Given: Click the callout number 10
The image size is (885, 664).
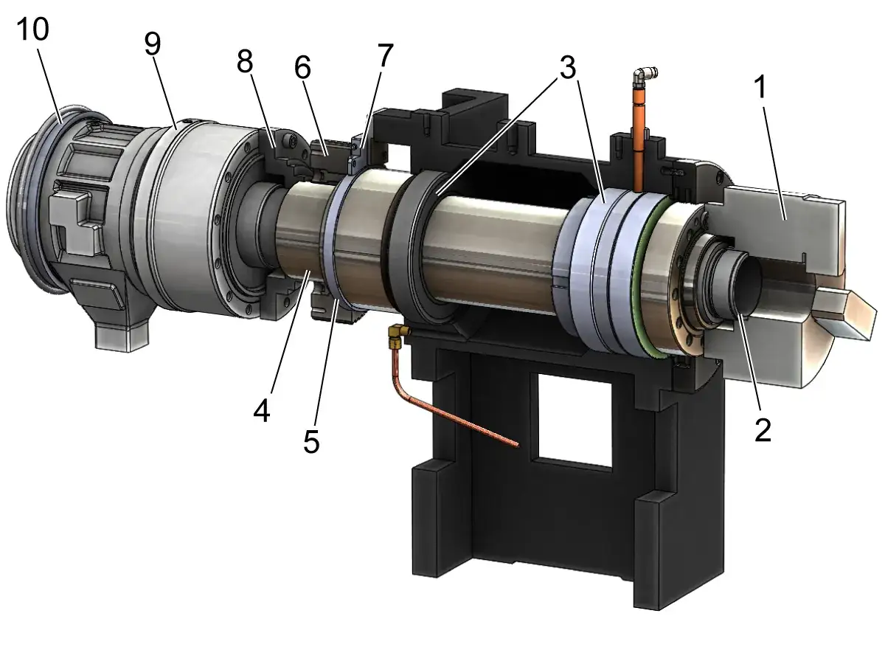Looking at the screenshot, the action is click(x=32, y=29).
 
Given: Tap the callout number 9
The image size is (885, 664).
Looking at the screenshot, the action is click(x=153, y=44).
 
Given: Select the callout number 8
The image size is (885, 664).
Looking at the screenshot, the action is click(x=245, y=62).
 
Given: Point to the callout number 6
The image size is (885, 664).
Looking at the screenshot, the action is click(x=302, y=67).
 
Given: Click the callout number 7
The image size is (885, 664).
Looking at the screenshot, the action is click(x=385, y=55).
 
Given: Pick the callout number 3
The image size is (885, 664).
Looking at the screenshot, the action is click(x=568, y=67).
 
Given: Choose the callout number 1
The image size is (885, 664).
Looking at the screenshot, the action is click(x=760, y=86).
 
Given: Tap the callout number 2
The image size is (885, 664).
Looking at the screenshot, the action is click(x=763, y=430).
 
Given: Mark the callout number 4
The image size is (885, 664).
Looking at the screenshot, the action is click(x=262, y=411).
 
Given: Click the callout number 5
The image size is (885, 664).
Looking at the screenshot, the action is click(x=311, y=441).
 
